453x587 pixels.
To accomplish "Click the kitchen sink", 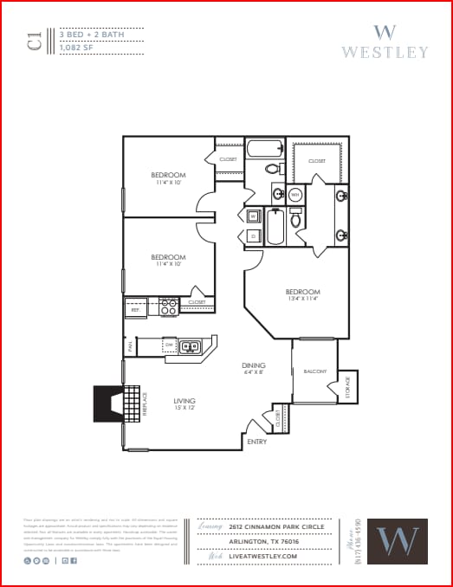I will (x=190, y=347).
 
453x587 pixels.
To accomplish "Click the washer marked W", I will (x=253, y=216).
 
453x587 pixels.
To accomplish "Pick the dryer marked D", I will (x=253, y=235).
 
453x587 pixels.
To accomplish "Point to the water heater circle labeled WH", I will (x=294, y=195).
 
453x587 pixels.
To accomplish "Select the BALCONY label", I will (x=314, y=371).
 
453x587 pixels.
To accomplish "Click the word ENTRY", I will (x=256, y=442).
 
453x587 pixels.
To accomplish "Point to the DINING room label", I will (x=253, y=365).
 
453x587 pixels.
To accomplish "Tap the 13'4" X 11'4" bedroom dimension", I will (x=303, y=299).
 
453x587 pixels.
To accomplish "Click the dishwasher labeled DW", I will (x=170, y=345).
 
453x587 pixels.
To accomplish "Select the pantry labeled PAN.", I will (x=129, y=346).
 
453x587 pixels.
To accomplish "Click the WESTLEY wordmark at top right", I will (x=384, y=51).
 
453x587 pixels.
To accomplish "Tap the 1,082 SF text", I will (x=76, y=48).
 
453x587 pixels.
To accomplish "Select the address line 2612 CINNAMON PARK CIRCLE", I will (x=277, y=526).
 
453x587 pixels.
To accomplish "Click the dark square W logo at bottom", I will (x=397, y=541).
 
